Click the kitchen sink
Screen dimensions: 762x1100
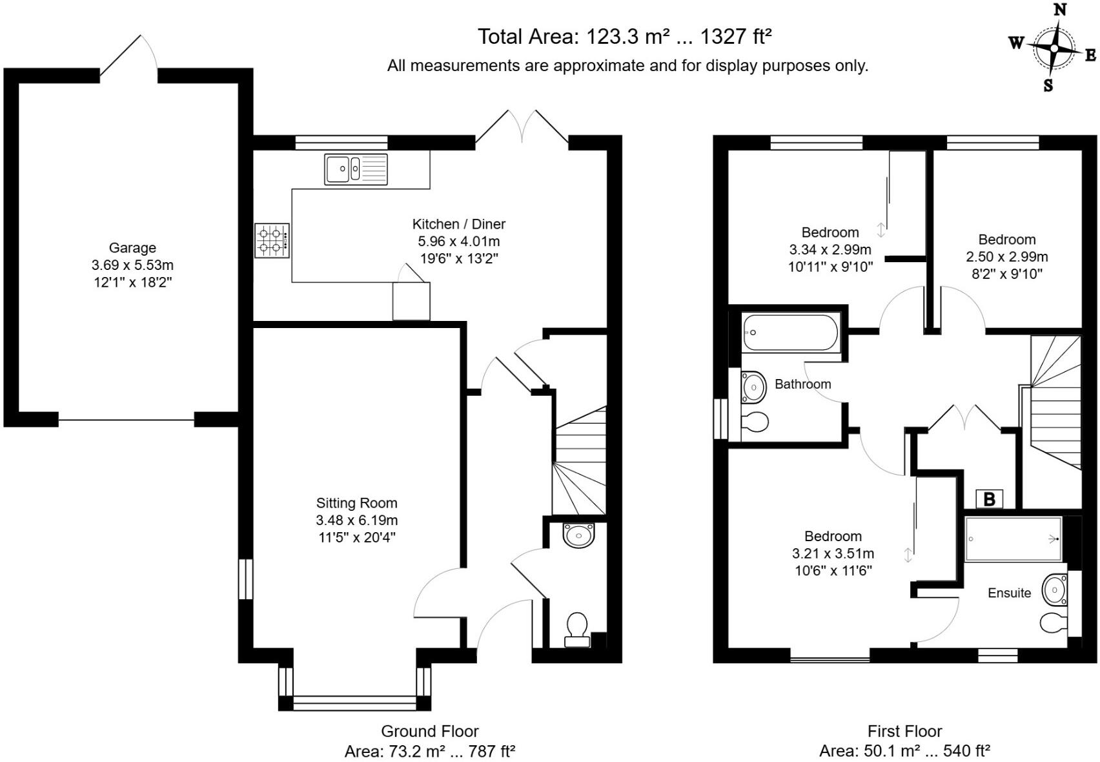(x=356, y=169)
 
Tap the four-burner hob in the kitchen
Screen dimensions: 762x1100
(x=272, y=240)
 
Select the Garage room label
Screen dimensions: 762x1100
(x=132, y=248)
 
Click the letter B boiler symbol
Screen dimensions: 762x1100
(x=989, y=499)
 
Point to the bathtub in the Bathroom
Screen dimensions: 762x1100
(x=790, y=332)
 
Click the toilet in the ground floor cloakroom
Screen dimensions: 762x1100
(x=577, y=629)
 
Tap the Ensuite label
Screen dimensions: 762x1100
(x=1009, y=593)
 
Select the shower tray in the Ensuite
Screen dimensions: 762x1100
(x=1013, y=539)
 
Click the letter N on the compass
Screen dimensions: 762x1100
(x=1059, y=10)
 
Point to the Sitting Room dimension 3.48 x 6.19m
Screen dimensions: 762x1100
(x=356, y=520)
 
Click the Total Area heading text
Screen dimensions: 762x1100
(x=624, y=37)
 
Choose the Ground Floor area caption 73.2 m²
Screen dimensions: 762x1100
(x=429, y=752)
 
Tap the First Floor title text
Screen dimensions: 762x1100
(x=904, y=731)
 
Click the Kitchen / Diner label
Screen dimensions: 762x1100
(x=458, y=224)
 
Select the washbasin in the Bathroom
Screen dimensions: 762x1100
(x=753, y=387)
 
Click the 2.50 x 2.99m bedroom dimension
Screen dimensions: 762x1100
(x=1006, y=257)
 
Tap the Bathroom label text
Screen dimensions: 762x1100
(x=802, y=384)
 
